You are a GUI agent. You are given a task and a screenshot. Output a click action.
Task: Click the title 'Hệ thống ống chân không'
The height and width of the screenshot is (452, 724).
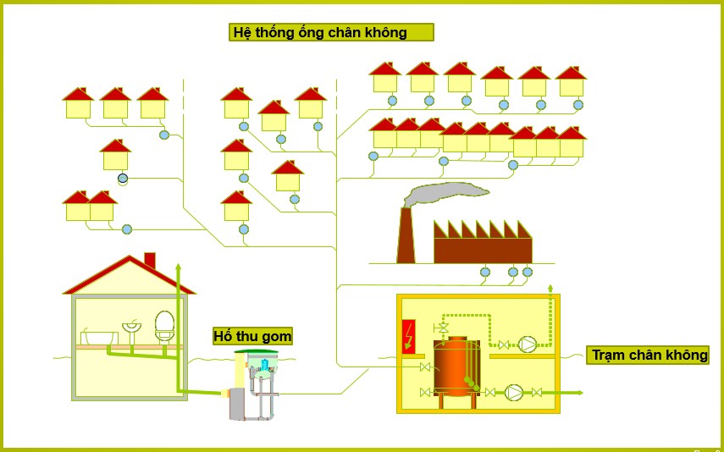click(331, 32)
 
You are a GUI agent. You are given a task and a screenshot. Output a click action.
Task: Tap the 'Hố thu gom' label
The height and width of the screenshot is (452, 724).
click(252, 336)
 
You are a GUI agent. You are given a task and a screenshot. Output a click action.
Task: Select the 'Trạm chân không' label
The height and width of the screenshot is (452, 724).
click(648, 355)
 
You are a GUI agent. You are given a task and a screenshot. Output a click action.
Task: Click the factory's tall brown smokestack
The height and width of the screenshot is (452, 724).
click(406, 236)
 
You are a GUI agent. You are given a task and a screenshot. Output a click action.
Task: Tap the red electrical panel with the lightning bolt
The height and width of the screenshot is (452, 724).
click(408, 335)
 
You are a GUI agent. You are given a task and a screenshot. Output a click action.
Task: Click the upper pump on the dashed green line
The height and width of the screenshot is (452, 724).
click(528, 345)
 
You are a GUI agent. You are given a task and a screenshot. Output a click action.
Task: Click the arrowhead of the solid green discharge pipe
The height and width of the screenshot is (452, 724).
click(579, 392)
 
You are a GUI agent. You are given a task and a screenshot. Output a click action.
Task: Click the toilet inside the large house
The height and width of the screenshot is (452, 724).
click(165, 326)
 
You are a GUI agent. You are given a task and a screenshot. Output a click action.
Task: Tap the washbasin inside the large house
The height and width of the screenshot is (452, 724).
click(132, 325)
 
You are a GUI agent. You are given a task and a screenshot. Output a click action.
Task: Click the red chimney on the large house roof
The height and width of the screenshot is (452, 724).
click(150, 260)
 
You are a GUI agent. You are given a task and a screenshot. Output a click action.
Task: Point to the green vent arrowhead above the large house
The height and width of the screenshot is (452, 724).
click(178, 267)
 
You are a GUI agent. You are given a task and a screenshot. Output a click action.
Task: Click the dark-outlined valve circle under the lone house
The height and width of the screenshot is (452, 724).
click(123, 179)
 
